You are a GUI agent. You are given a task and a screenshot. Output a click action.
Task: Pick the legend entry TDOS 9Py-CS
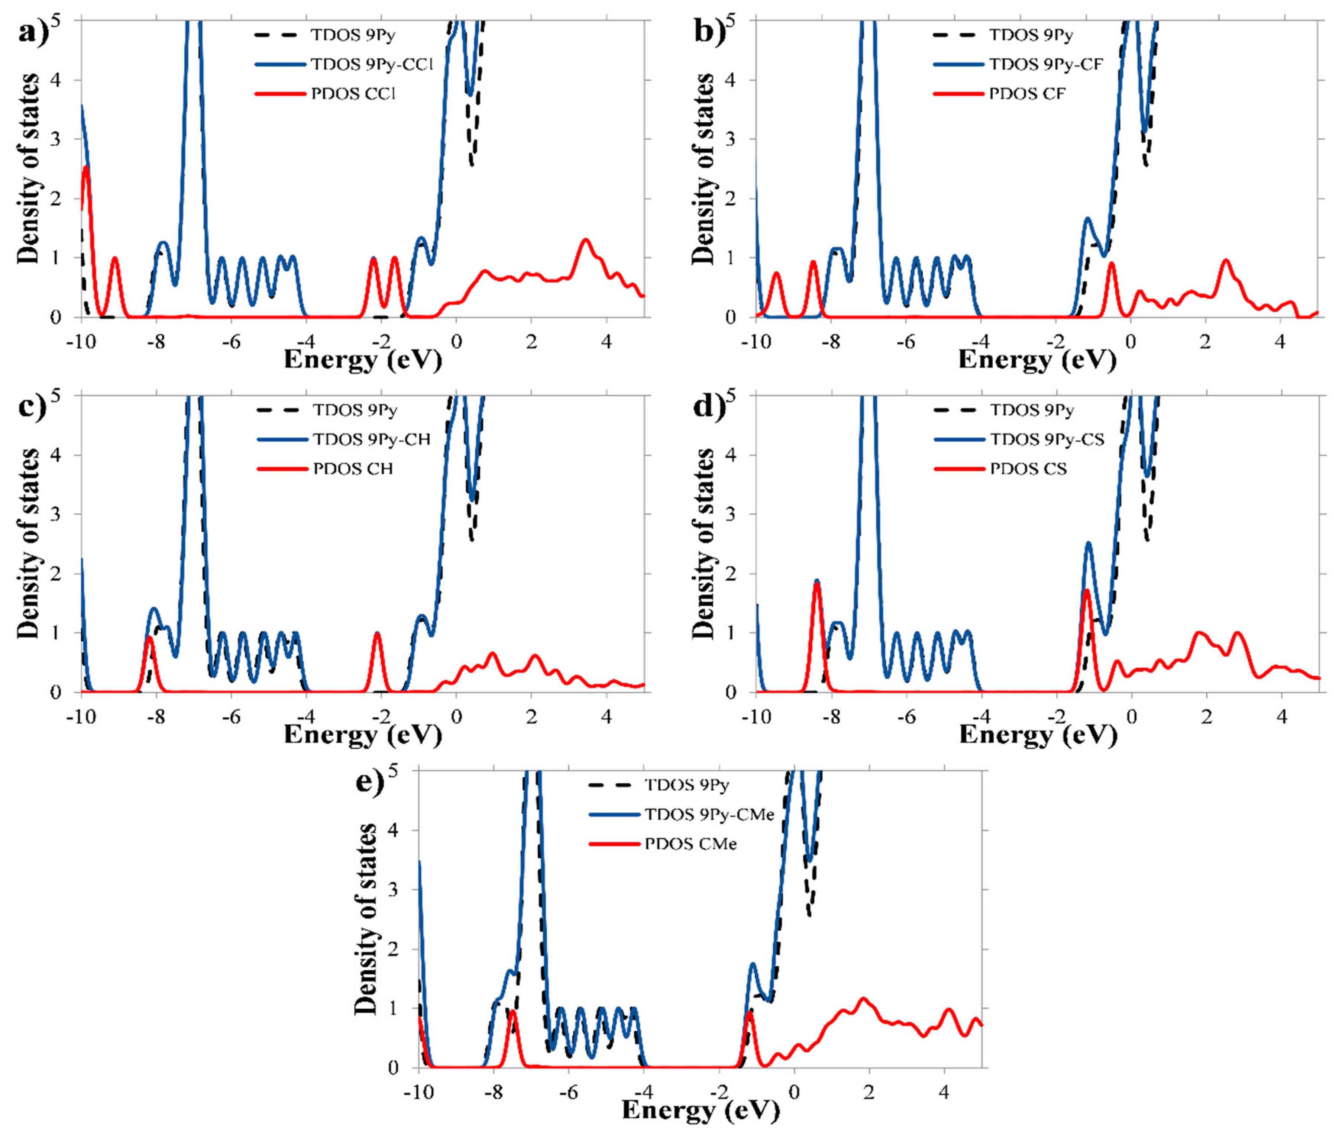tap(1047, 439)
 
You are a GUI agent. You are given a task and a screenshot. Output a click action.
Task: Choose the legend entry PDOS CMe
tap(690, 844)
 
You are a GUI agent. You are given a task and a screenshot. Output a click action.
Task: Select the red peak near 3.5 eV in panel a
tap(586, 240)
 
